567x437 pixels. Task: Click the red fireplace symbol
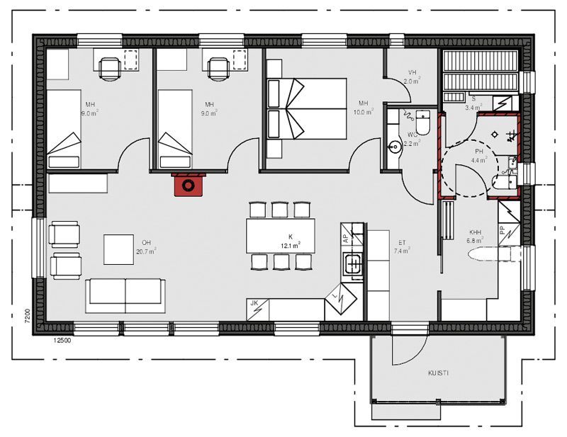(x=189, y=185)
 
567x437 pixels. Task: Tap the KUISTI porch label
(x=437, y=373)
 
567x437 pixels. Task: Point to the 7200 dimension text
(x=26, y=316)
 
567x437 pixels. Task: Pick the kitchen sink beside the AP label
(x=352, y=265)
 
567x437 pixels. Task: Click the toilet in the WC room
(x=422, y=123)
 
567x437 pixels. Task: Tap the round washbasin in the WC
(x=394, y=147)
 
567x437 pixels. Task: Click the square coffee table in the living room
(x=118, y=249)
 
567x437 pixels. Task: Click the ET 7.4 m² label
(x=403, y=246)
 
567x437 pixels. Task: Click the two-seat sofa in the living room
(x=125, y=295)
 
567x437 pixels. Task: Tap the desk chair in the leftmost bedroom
(x=109, y=67)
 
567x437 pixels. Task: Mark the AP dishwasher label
(x=345, y=239)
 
